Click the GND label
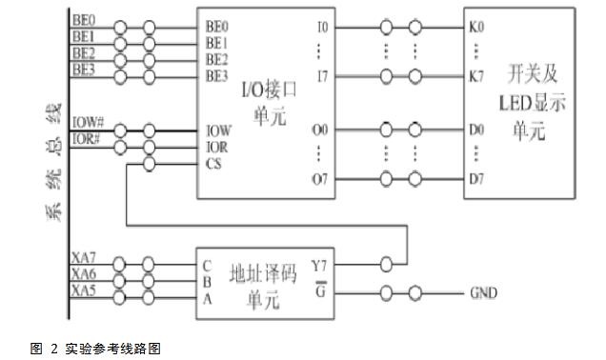pos(483,292)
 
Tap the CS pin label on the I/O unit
pos(213,164)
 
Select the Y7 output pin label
pos(319,266)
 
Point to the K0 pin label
pos(476,27)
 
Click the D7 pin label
pos(476,179)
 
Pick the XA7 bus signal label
pos(84,257)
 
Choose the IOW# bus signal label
pos(88,123)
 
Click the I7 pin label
pos(322,77)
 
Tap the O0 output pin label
pos(320,130)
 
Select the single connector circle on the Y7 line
pos(386,264)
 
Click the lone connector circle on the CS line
pos(150,164)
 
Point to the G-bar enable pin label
pos(321,290)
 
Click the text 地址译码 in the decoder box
pos(263,274)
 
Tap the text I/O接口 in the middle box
pos(269,90)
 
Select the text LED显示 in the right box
pos(533,103)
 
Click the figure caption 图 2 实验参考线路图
pos(95,349)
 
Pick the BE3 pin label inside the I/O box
pos(217,75)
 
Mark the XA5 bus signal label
pos(84,290)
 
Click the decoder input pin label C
pos(207,266)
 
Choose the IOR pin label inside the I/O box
pos(217,148)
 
